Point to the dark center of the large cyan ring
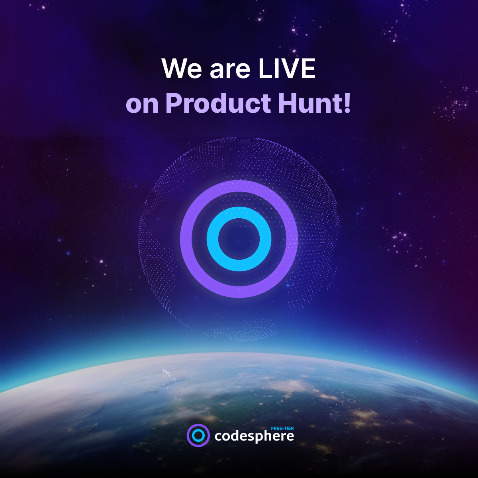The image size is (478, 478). [239, 239]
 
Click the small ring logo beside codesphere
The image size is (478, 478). [198, 435]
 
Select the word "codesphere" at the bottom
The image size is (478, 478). [254, 437]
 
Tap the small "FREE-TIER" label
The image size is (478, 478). [282, 428]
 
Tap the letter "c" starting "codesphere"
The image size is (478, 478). [218, 437]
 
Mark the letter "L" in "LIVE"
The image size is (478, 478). [263, 69]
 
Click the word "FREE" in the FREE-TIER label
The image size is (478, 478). [277, 428]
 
